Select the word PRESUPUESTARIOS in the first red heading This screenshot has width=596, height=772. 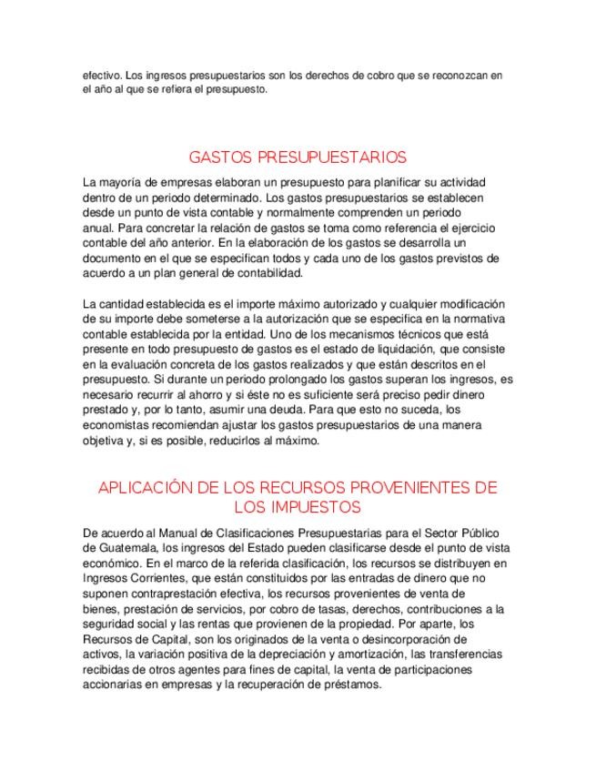[331, 156]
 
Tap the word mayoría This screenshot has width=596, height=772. [119, 182]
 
